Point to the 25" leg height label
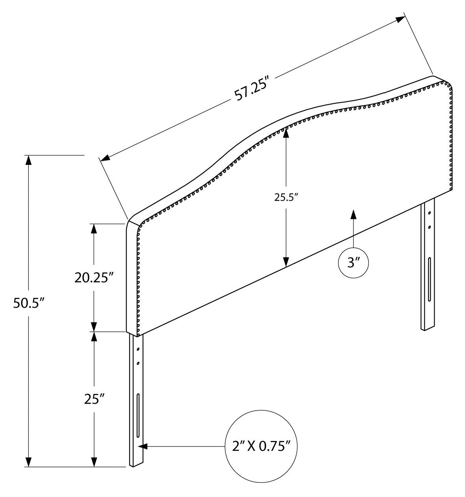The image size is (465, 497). [x=94, y=399]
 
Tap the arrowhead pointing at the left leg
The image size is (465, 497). [x=143, y=447]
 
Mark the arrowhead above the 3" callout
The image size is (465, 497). [x=353, y=214]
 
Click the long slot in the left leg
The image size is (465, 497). [x=138, y=415]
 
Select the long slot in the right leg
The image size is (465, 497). [x=429, y=279]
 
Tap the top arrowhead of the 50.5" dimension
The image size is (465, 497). [x=28, y=160]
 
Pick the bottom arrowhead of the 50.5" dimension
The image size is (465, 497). [x=28, y=462]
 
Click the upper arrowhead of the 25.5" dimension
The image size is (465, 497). [x=286, y=134]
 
